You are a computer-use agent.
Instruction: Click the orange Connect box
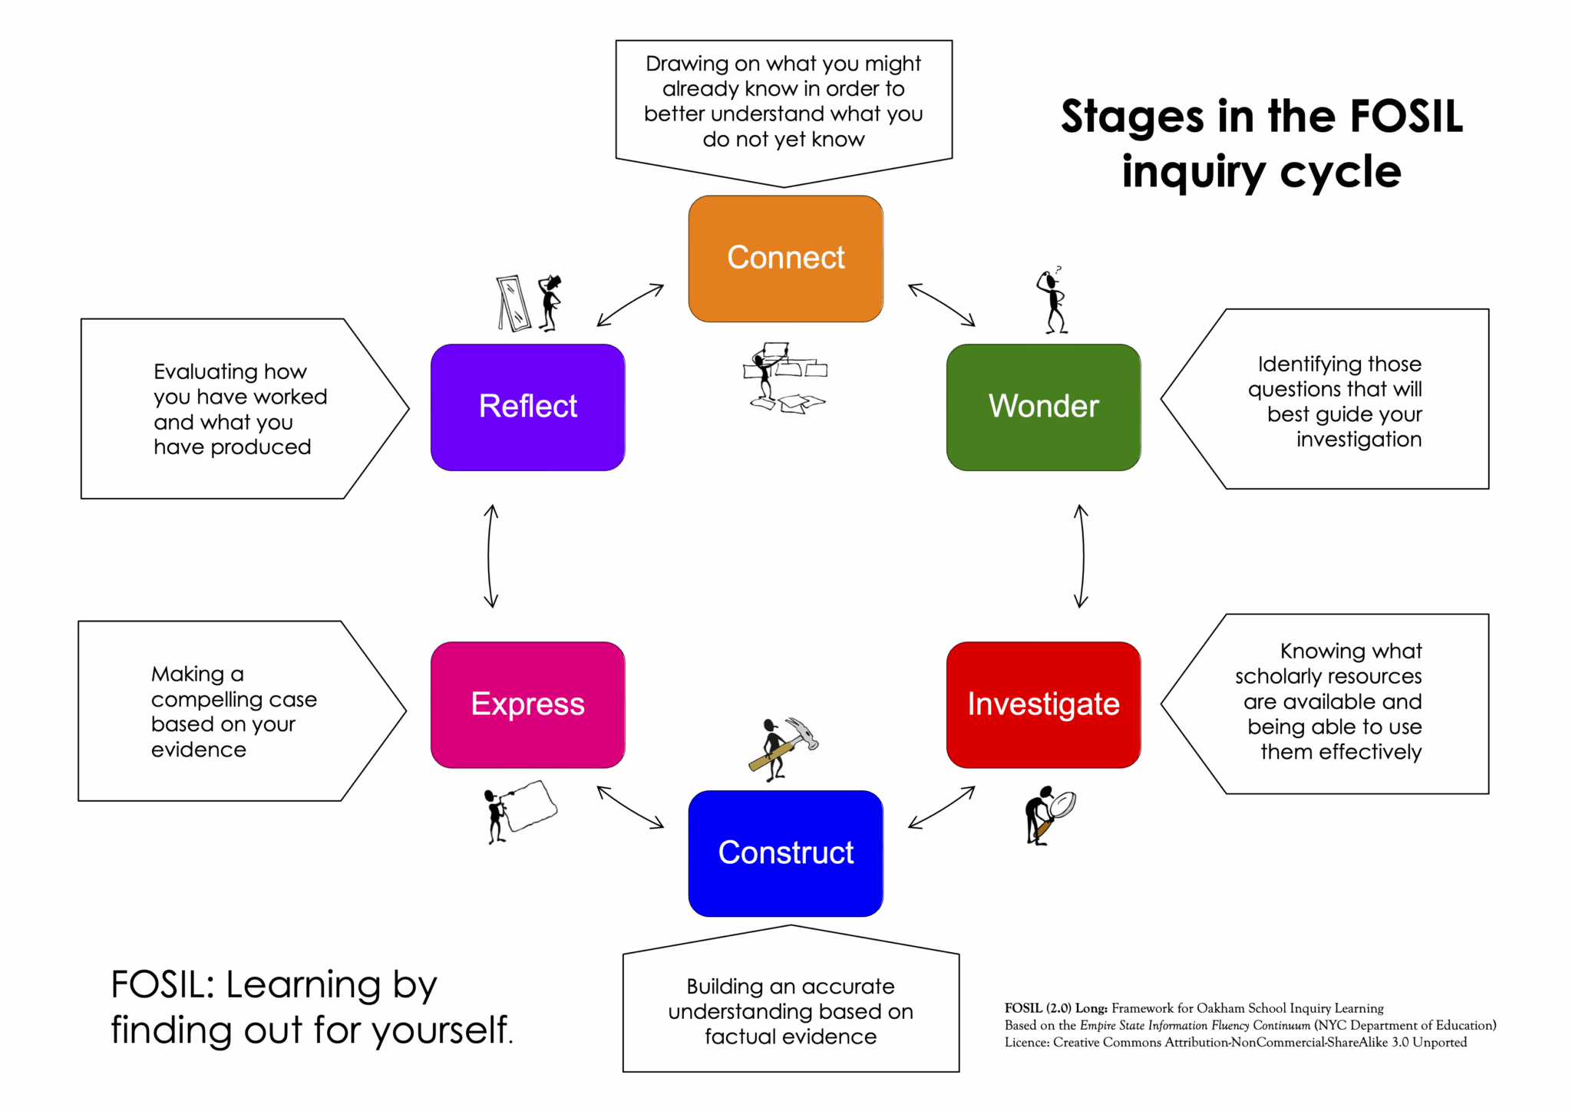point(785,259)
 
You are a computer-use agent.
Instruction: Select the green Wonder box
point(1043,407)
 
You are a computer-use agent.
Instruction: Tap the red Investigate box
point(1043,704)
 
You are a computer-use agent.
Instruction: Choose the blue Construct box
point(785,853)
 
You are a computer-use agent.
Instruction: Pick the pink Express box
point(527,704)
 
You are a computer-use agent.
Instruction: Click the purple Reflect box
point(527,407)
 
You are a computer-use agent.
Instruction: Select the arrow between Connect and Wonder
point(941,305)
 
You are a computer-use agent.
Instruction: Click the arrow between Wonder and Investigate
point(1082,555)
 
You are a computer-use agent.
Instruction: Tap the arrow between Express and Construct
point(629,807)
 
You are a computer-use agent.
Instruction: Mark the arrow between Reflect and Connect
point(629,305)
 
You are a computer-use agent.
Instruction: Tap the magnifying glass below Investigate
point(1063,805)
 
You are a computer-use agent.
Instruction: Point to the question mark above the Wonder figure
point(1058,269)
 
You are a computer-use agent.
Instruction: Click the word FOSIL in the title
point(1406,117)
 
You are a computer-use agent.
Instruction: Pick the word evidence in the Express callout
point(199,750)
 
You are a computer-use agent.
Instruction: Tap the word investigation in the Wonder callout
point(1359,440)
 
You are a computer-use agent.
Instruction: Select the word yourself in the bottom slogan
point(442,1030)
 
